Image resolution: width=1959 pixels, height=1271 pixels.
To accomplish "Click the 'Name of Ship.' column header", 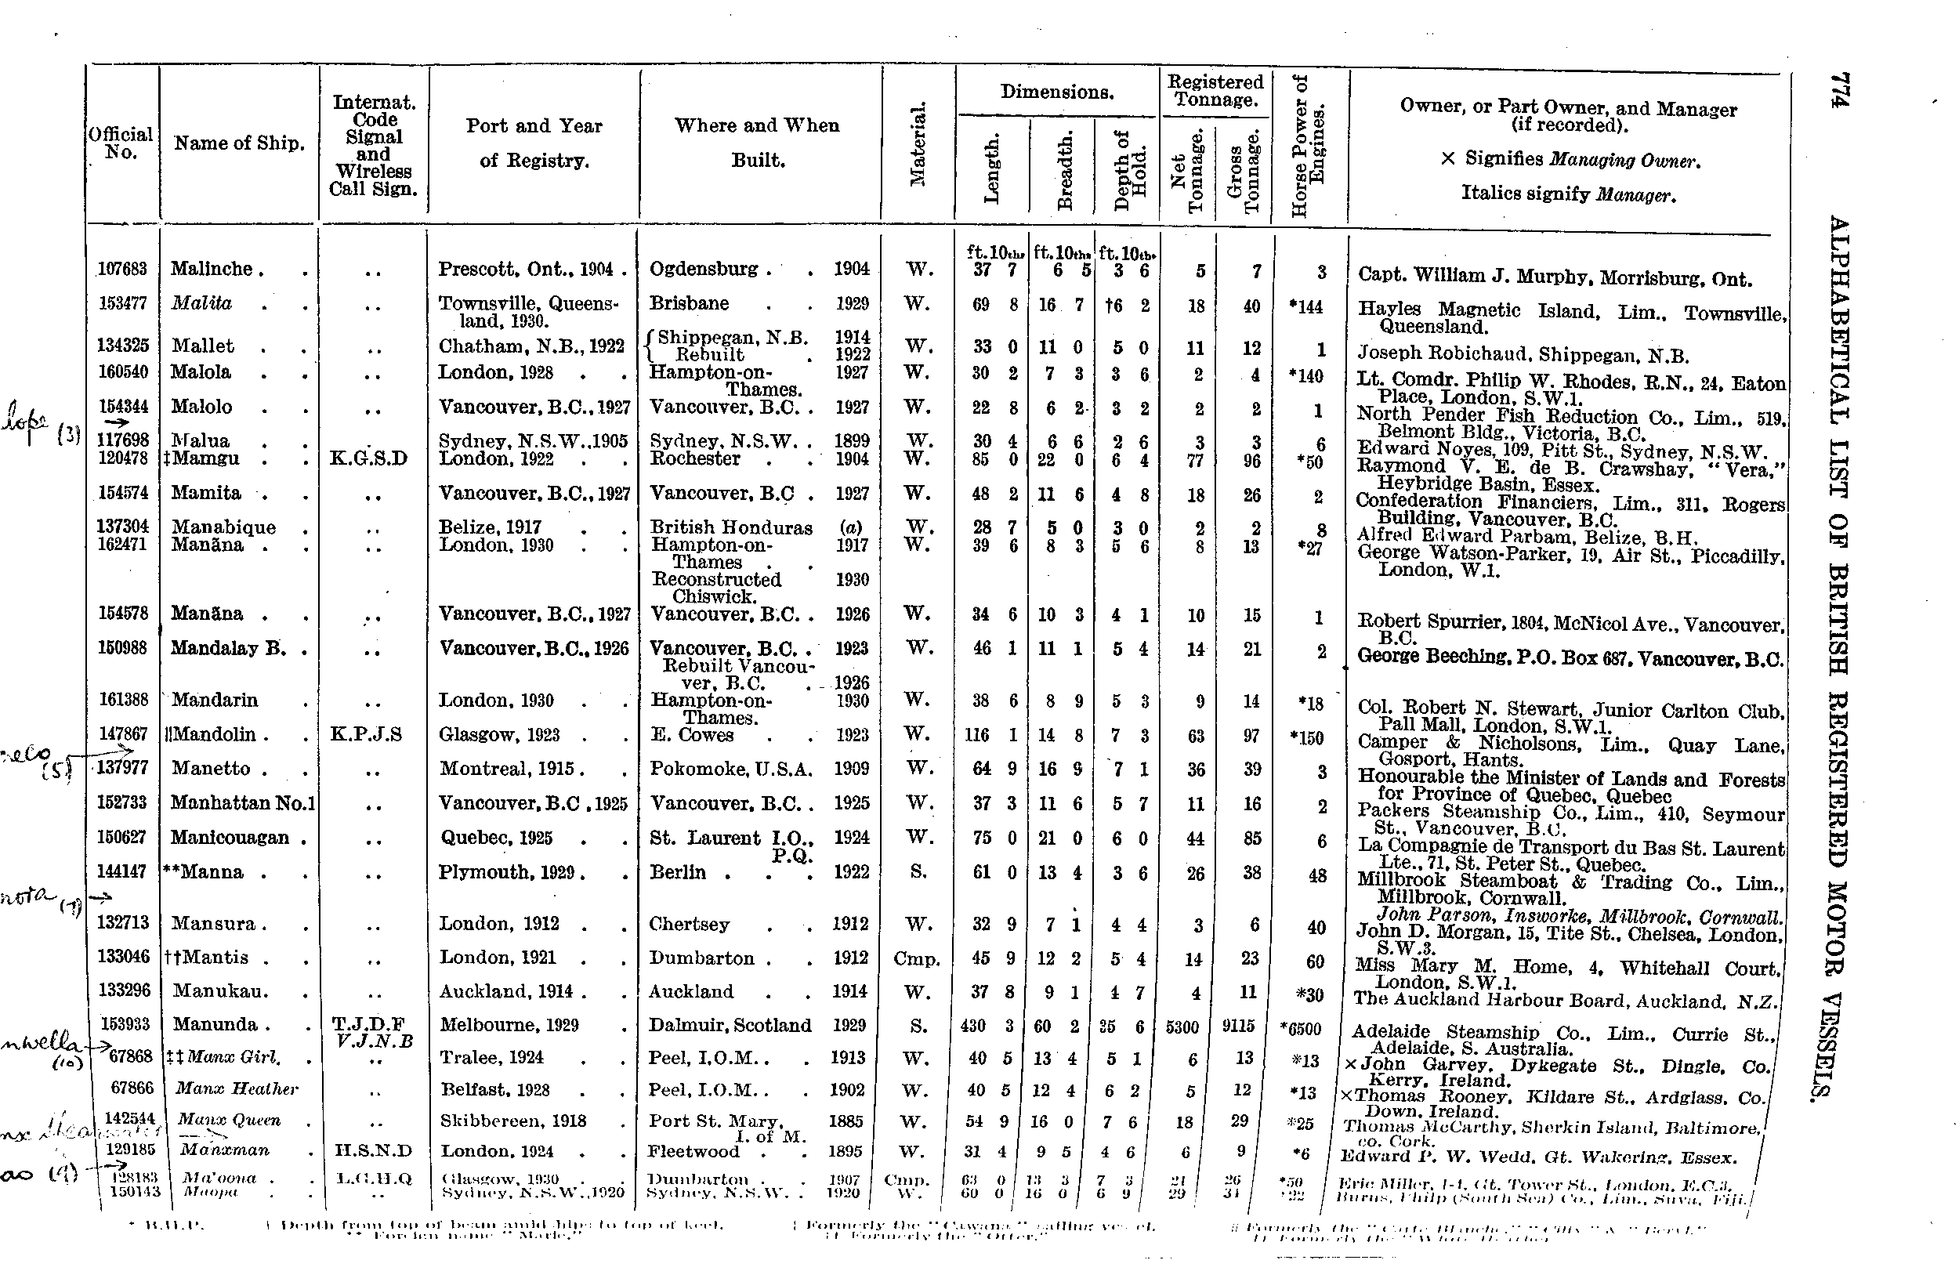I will click(239, 143).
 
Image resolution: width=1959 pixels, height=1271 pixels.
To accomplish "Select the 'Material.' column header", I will click(918, 145).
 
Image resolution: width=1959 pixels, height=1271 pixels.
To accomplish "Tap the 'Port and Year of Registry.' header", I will click(534, 143).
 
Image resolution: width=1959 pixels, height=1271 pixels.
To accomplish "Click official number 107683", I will click(123, 270).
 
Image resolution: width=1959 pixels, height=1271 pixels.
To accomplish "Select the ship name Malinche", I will click(212, 270).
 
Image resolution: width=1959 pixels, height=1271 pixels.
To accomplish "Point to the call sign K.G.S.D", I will click(368, 458).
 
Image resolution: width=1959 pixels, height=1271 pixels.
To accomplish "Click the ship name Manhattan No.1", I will click(242, 802).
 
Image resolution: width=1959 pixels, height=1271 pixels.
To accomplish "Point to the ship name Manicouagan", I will click(230, 838).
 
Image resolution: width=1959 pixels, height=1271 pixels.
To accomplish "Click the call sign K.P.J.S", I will click(365, 734).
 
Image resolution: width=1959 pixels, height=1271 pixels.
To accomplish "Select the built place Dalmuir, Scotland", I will click(730, 1026).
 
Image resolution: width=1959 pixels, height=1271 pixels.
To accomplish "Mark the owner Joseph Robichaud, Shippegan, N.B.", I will click(1523, 356).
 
